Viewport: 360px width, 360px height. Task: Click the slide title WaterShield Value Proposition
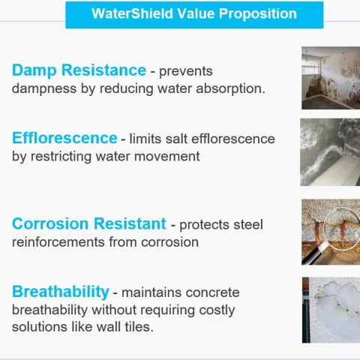(194, 14)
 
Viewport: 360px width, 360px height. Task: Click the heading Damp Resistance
(79, 70)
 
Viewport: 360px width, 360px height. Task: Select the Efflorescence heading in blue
(64, 138)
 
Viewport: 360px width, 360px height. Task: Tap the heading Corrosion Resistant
(88, 223)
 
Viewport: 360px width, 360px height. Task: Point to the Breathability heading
(61, 291)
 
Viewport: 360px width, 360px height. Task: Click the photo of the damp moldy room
(330, 78)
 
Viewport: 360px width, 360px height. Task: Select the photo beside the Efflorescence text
(330, 152)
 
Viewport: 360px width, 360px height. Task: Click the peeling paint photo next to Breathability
(330, 310)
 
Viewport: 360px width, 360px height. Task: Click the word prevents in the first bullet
(186, 71)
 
